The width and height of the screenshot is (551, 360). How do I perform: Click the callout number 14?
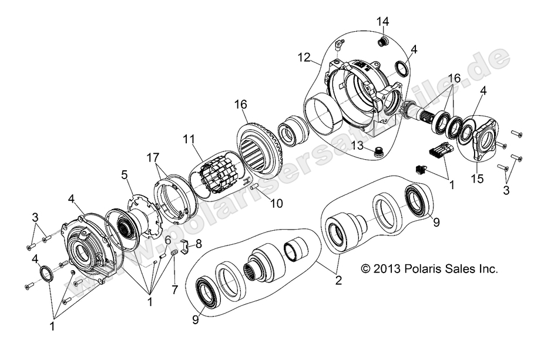click(x=383, y=22)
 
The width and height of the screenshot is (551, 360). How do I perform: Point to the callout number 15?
click(x=477, y=178)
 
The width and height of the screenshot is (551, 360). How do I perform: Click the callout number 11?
click(x=188, y=139)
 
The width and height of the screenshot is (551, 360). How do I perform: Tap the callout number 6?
click(x=167, y=239)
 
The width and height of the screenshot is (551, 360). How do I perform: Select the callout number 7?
click(x=174, y=289)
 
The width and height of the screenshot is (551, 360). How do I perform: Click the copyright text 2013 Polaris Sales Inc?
click(x=429, y=269)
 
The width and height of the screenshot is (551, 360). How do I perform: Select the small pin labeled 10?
click(x=256, y=187)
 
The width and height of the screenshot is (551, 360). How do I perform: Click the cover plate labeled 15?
click(x=483, y=139)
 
